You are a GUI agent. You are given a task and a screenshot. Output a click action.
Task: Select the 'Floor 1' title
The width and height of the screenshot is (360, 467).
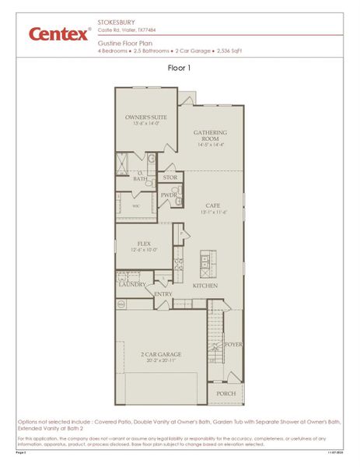pos(180,68)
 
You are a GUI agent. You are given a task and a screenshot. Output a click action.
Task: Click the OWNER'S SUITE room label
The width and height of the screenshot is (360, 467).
pos(142,117)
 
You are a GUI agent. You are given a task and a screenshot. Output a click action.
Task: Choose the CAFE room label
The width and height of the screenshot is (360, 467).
pos(213,205)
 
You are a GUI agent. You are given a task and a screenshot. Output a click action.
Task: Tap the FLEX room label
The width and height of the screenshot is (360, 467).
pos(143,244)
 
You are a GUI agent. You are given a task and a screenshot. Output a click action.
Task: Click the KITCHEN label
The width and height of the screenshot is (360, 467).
pos(205,286)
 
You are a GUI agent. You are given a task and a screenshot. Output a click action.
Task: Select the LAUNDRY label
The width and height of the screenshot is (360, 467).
pos(132,285)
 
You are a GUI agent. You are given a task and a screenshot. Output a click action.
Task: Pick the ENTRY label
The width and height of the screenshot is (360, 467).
pos(163,294)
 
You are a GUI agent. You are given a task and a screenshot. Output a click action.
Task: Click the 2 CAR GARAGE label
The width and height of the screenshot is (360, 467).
pos(163,354)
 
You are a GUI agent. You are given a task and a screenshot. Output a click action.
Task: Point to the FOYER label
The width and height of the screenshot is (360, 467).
pos(233,343)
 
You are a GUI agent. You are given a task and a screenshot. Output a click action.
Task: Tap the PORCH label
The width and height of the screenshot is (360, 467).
pos(226,393)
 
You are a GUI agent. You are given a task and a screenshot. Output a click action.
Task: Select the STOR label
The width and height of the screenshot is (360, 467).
pos(170,177)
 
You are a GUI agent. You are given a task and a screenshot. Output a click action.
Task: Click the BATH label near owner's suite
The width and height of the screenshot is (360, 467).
pos(140,179)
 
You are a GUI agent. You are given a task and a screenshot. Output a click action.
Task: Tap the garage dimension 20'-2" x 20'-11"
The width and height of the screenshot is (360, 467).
pos(163,361)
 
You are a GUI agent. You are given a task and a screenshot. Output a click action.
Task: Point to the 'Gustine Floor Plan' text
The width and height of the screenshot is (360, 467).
pos(124,44)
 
